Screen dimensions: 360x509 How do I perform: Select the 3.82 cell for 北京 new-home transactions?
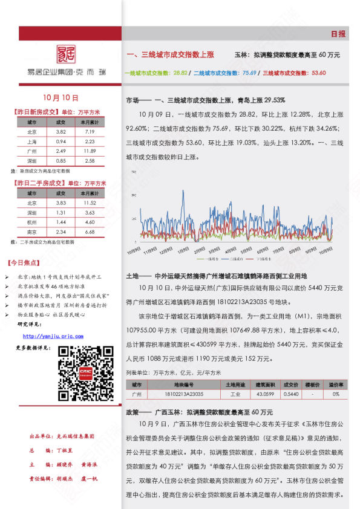pyautogui.click(x=61, y=132)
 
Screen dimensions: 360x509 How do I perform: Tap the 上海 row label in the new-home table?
pyautogui.click(x=31, y=141)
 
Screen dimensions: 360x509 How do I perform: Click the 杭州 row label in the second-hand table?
pyautogui.click(x=31, y=222)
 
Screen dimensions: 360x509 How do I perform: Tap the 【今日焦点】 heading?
pyautogui.click(x=24, y=263)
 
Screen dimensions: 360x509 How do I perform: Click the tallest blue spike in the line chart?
pyautogui.click(x=182, y=192)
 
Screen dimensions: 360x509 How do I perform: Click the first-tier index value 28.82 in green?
pyautogui.click(x=180, y=73)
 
